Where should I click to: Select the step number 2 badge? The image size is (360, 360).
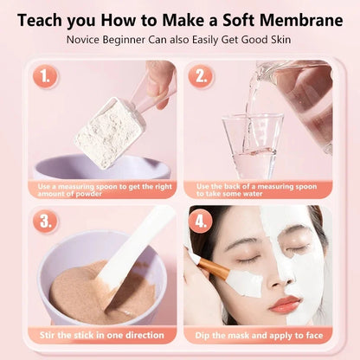pyautogui.click(x=202, y=76)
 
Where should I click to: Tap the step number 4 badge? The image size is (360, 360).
pyautogui.click(x=202, y=221)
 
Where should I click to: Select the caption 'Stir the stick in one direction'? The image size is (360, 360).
pyautogui.click(x=101, y=335)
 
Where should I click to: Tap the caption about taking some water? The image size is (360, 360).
pyautogui.click(x=256, y=190)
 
